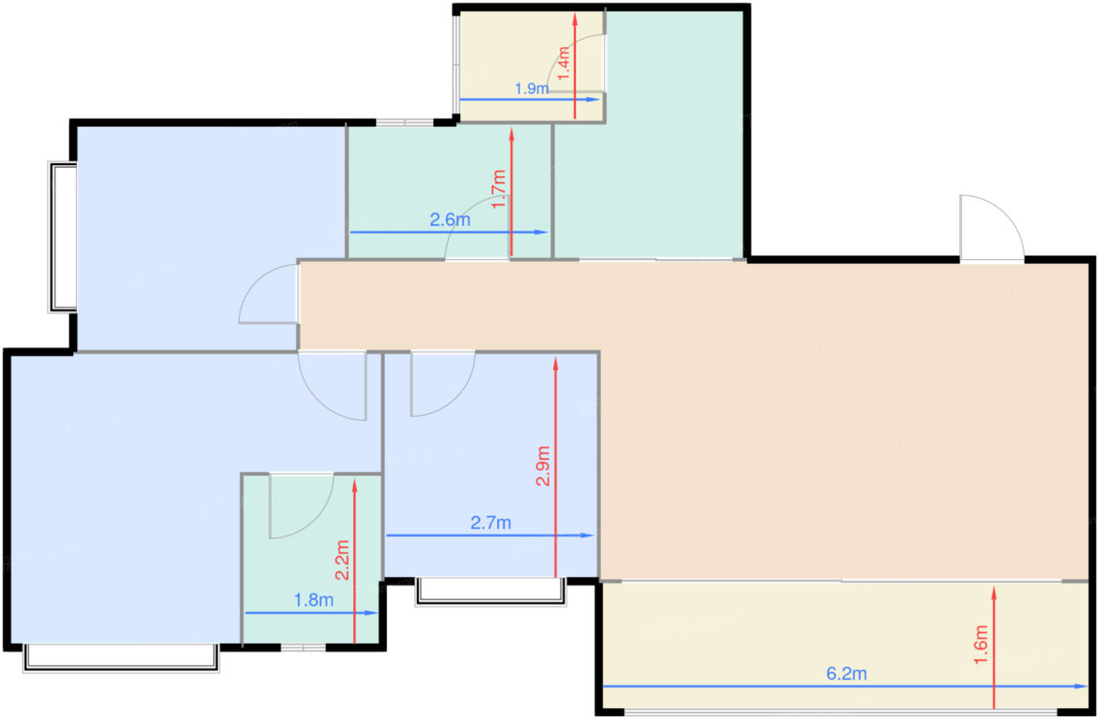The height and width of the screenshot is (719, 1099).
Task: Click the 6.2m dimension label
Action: click(846, 673)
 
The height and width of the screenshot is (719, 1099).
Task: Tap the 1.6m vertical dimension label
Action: click(980, 644)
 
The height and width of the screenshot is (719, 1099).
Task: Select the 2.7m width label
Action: click(491, 523)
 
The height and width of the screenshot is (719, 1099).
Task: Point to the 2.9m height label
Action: click(542, 466)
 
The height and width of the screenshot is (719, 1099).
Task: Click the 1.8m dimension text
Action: click(313, 600)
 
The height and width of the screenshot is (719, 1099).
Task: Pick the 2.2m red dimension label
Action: click(342, 559)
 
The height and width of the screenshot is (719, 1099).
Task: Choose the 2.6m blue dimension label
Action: click(450, 220)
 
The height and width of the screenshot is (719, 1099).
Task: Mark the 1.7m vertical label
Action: click(498, 189)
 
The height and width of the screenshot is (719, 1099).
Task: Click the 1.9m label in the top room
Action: click(531, 89)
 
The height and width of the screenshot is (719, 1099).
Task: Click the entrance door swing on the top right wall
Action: click(991, 228)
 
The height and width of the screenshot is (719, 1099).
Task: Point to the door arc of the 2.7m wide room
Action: click(443, 384)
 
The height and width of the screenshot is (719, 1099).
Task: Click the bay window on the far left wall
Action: click(63, 237)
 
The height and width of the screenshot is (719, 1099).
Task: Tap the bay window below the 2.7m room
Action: click(491, 592)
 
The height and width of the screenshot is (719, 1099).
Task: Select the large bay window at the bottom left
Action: click(121, 658)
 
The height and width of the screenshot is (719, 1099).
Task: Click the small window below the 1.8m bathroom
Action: click(303, 647)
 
